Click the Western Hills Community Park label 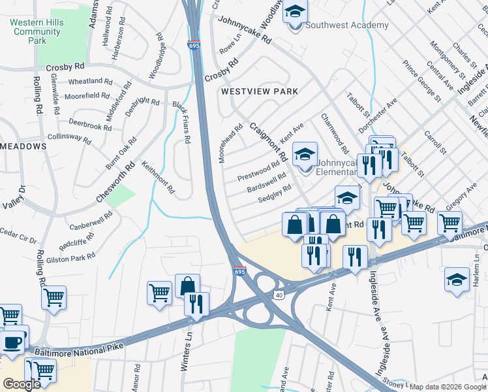(36, 31)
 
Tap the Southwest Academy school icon (295, 13)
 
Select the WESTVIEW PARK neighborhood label (259, 92)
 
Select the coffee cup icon (13, 341)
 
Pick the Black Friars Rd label (181, 122)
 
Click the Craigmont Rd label (268, 142)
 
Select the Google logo (22, 384)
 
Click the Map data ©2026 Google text (448, 387)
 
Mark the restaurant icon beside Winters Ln (195, 304)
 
